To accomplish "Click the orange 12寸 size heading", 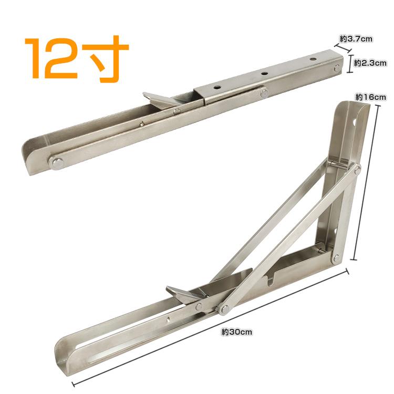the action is point(77,59).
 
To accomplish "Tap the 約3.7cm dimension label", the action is point(356,39).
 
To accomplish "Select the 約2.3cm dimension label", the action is point(370,63).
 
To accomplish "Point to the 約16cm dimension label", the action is point(371,97).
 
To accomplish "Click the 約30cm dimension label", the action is point(237,332).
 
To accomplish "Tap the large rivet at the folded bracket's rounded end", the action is point(57,163).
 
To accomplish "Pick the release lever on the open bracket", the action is point(184,295).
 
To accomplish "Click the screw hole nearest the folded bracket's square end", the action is point(313,59).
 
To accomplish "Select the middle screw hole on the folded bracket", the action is point(264,74).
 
